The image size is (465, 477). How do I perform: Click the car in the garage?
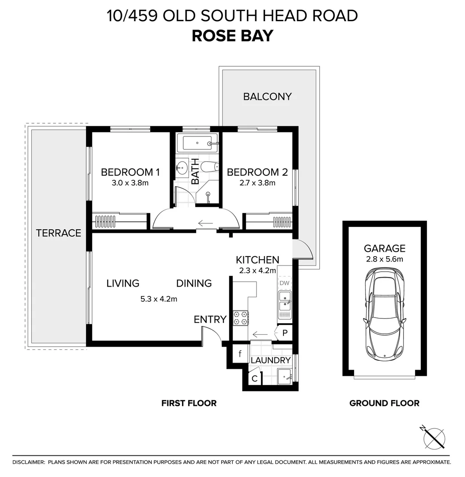pos(384,314)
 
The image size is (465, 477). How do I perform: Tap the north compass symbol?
pos(434,438)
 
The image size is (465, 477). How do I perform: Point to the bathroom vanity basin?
pos(182,168)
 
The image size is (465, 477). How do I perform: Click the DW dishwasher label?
pos(284,283)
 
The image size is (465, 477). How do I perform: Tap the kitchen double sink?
pos(285,304)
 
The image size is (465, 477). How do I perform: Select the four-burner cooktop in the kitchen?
pos(240,318)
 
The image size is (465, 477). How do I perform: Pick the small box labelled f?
pos(240,354)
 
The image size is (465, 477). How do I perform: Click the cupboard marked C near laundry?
pos(254,378)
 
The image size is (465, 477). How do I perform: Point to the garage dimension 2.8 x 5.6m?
pos(384,259)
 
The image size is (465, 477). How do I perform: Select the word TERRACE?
pos(58,233)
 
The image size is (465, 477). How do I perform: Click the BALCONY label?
pos(267,96)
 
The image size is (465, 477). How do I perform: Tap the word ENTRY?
pos(210,319)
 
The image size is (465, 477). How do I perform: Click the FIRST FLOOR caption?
pos(189,403)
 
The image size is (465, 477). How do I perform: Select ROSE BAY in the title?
pos(232,36)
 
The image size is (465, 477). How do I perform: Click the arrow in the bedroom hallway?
pos(206,223)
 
